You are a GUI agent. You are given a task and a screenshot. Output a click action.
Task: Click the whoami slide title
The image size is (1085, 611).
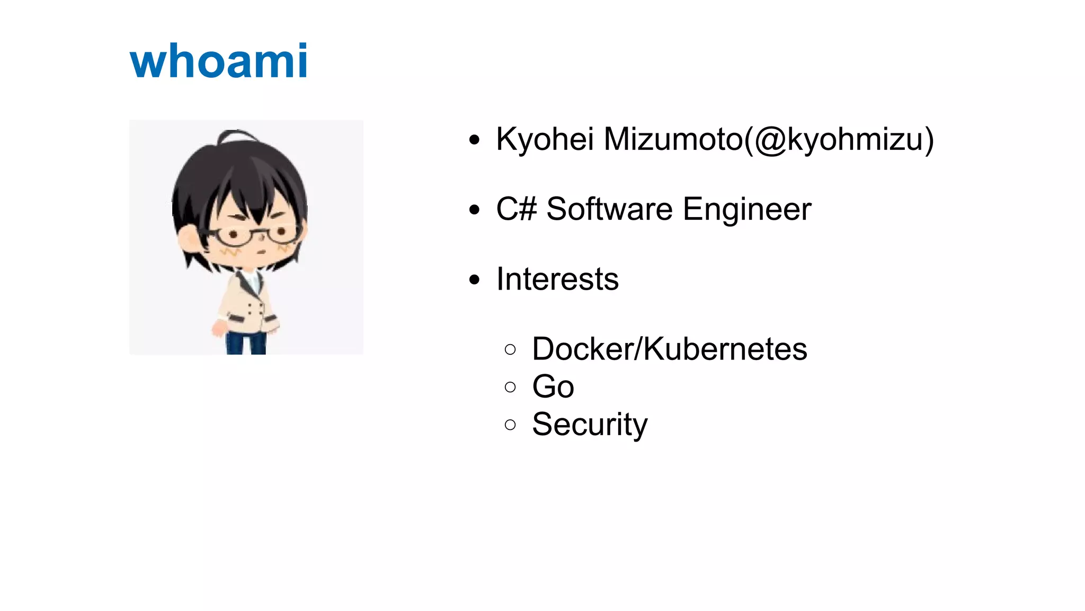pyautogui.click(x=218, y=61)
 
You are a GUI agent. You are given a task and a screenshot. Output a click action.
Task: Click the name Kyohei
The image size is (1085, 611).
pyautogui.click(x=545, y=140)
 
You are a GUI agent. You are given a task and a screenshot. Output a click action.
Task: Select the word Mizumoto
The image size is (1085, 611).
pyautogui.click(x=673, y=140)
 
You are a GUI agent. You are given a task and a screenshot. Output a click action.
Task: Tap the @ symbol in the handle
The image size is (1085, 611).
pyautogui.click(x=770, y=141)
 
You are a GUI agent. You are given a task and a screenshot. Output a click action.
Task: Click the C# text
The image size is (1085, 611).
pyautogui.click(x=517, y=209)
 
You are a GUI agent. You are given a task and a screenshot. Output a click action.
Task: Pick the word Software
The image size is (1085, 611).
pyautogui.click(x=609, y=209)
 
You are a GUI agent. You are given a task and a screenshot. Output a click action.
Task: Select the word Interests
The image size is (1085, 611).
pyautogui.click(x=557, y=279)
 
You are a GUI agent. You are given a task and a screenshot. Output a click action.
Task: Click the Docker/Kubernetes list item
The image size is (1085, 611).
pyautogui.click(x=669, y=349)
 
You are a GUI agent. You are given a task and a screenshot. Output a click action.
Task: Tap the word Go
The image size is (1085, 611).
pyautogui.click(x=553, y=387)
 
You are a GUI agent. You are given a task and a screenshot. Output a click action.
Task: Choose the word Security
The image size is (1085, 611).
pyautogui.click(x=590, y=425)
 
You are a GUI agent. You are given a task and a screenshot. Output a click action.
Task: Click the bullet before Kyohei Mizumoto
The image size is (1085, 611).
pyautogui.click(x=474, y=140)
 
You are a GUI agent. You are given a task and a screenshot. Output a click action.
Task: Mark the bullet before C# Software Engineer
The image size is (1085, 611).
pyautogui.click(x=474, y=210)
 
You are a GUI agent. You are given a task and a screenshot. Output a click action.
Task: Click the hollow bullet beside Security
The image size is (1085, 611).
pyautogui.click(x=510, y=425)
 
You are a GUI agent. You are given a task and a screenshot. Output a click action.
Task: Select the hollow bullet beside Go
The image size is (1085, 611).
pyautogui.click(x=510, y=387)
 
